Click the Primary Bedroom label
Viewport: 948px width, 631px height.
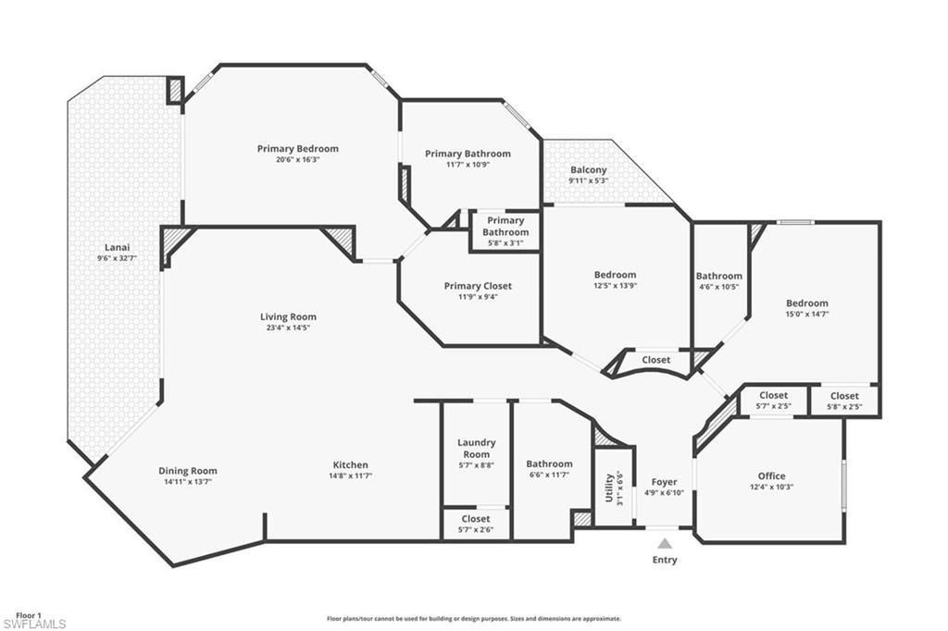[x=297, y=148]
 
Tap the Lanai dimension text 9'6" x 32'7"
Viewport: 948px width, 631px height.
[x=117, y=259]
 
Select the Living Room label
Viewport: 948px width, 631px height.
[x=288, y=316]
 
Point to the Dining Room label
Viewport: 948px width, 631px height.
[x=187, y=471]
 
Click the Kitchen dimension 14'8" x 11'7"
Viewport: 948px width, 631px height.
[x=350, y=476]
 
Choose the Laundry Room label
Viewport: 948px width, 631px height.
[x=476, y=448]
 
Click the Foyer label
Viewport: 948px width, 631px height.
[x=664, y=482]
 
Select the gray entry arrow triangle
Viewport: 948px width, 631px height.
[x=665, y=543]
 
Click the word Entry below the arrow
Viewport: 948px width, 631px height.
[x=665, y=560]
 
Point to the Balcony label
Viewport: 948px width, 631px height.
[x=588, y=169]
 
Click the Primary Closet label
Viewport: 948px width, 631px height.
[x=477, y=286]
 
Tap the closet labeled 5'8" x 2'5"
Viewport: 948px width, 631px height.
[x=843, y=401]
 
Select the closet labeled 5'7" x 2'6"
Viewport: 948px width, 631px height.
[x=475, y=524]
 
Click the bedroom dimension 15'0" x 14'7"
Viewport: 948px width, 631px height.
[x=807, y=314]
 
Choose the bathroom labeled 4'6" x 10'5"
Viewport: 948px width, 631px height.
[x=718, y=280]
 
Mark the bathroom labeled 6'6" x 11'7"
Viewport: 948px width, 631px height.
[x=549, y=469]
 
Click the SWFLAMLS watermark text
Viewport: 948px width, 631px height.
[x=33, y=625]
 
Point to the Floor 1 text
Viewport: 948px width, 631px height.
[x=29, y=614]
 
